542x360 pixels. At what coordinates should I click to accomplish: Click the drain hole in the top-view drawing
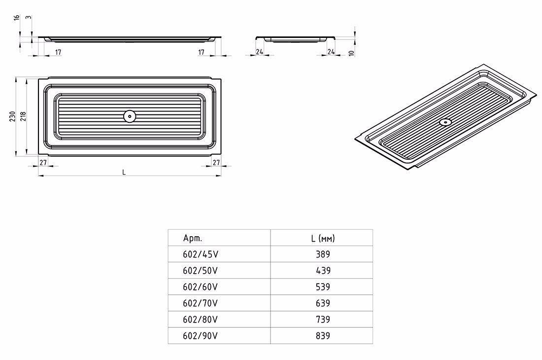129,116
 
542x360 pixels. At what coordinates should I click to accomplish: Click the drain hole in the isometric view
445,122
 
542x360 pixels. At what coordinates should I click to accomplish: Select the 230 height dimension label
13,116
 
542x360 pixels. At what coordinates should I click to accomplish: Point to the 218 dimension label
23,116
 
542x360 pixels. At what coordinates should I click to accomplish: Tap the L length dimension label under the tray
124,172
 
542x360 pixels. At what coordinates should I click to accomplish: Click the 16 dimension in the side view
17,17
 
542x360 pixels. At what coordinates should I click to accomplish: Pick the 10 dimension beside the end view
351,53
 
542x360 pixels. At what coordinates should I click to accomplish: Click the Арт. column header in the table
193,238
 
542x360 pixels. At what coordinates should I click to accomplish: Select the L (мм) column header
323,238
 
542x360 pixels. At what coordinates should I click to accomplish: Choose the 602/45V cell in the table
201,254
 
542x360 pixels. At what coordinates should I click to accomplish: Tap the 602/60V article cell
201,287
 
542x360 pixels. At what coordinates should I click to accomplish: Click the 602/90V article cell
201,335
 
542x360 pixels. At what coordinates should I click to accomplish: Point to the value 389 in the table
323,254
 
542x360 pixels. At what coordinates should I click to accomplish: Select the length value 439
323,270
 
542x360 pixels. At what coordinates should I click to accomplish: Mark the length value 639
323,303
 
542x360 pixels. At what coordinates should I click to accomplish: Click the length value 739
323,319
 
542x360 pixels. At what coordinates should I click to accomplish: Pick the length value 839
323,335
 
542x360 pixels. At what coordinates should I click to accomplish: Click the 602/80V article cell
201,319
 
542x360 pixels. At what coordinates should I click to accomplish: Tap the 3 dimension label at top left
29,17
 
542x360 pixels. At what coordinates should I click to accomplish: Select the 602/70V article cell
201,303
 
